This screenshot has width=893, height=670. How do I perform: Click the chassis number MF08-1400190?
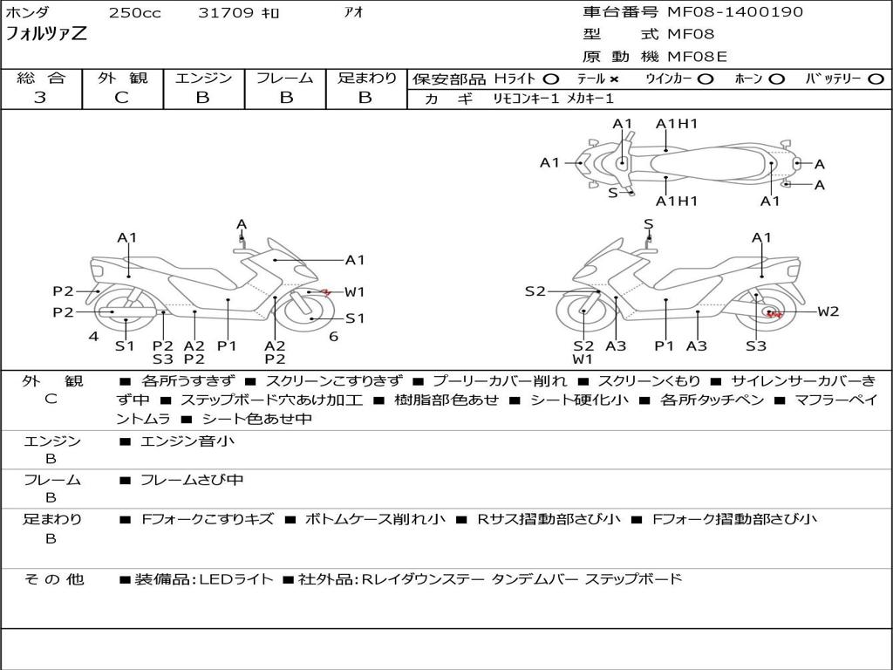[x=735, y=12]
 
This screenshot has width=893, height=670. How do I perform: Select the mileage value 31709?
[x=226, y=12]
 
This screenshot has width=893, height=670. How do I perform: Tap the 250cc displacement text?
[x=135, y=12]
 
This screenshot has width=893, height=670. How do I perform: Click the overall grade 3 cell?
[x=40, y=98]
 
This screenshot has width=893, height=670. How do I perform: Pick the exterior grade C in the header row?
[x=122, y=98]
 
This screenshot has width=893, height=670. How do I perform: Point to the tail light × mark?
[x=614, y=79]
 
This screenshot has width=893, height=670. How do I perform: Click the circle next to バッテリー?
[x=876, y=79]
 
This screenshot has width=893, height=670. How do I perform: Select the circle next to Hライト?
[x=551, y=79]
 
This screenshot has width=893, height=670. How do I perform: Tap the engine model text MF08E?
[x=698, y=57]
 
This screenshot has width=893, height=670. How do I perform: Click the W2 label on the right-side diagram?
[x=828, y=311]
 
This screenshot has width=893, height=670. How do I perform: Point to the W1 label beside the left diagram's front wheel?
[x=354, y=291]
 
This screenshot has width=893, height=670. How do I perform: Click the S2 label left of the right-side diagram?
[x=535, y=291]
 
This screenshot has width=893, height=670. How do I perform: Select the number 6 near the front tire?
[x=334, y=337]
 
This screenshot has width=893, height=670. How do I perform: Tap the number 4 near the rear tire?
[x=93, y=337]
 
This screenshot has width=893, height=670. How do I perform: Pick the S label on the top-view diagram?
[x=613, y=193]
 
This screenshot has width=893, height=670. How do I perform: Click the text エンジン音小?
[x=187, y=441]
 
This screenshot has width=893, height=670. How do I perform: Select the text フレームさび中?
[x=191, y=481]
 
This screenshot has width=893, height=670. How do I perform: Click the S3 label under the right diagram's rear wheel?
[x=756, y=345]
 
